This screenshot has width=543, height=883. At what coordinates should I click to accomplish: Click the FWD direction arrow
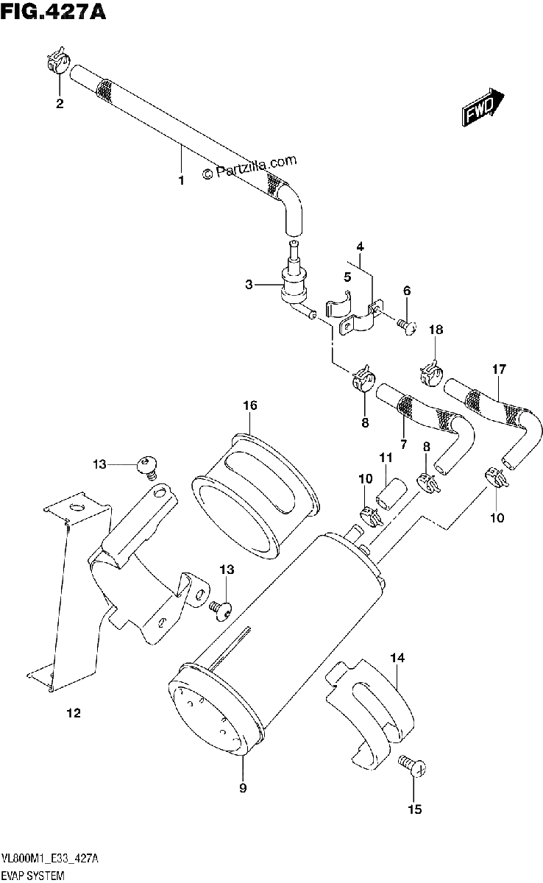(x=483, y=107)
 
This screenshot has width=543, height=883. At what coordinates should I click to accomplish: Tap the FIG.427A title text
(x=53, y=11)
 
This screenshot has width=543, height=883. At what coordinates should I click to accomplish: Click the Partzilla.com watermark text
(x=248, y=167)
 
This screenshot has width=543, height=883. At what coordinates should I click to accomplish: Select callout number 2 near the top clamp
(x=60, y=103)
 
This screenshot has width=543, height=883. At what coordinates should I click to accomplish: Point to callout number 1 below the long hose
(x=181, y=180)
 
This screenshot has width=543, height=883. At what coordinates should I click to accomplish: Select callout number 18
(x=436, y=329)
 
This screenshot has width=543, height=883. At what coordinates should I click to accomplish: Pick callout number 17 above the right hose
(x=499, y=369)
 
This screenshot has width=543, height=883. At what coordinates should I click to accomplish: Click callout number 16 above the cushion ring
(x=250, y=405)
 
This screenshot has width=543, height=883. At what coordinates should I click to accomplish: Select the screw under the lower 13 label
(x=220, y=611)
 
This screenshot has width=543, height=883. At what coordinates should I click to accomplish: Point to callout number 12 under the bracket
(x=74, y=713)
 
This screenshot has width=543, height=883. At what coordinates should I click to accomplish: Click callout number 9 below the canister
(x=243, y=787)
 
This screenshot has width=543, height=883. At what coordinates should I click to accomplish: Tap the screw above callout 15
(x=412, y=765)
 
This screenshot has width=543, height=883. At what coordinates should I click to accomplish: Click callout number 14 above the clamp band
(x=397, y=658)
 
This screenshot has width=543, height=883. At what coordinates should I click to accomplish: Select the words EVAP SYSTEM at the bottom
(x=32, y=876)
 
